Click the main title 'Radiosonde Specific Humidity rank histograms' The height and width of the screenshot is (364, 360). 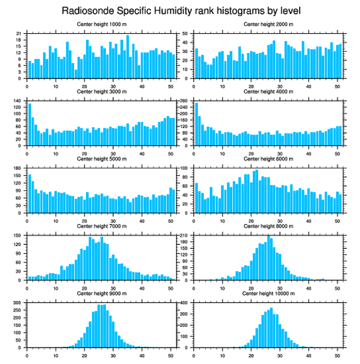pos(181,10)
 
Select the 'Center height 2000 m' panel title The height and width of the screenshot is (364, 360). pos(268,24)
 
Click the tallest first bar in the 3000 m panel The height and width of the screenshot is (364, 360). pos(30,125)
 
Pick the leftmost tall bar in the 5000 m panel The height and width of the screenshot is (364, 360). pos(30,193)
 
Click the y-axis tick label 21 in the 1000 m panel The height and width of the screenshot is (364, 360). pos(19,34)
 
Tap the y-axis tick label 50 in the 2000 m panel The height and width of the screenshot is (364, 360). pos(186,34)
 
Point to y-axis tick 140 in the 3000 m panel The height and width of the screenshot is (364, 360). pos(18,101)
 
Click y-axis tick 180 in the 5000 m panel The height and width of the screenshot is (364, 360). pos(18,168)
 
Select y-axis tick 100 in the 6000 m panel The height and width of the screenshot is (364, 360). pos(184,168)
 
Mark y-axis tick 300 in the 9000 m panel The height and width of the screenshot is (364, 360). pos(18,303)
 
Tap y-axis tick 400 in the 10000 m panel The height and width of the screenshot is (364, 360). pos(184,303)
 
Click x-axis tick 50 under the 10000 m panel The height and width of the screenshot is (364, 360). pos(337,354)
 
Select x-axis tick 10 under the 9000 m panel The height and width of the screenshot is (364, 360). pos(56,354)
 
